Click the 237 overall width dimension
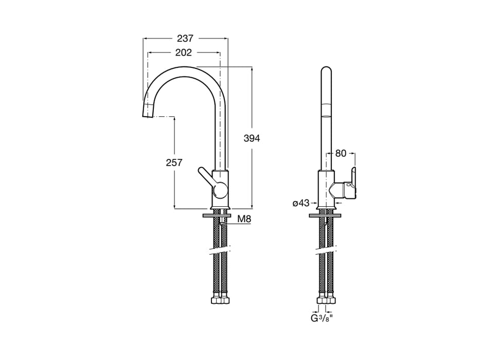[185, 38]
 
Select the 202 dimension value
[183, 52]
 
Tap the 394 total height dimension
[252, 138]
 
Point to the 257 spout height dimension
[174, 163]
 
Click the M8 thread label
[244, 219]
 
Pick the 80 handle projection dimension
[341, 153]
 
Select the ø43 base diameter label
[301, 203]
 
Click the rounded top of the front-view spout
[326, 70]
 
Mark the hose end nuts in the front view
[326, 300]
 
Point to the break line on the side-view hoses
[220, 251]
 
